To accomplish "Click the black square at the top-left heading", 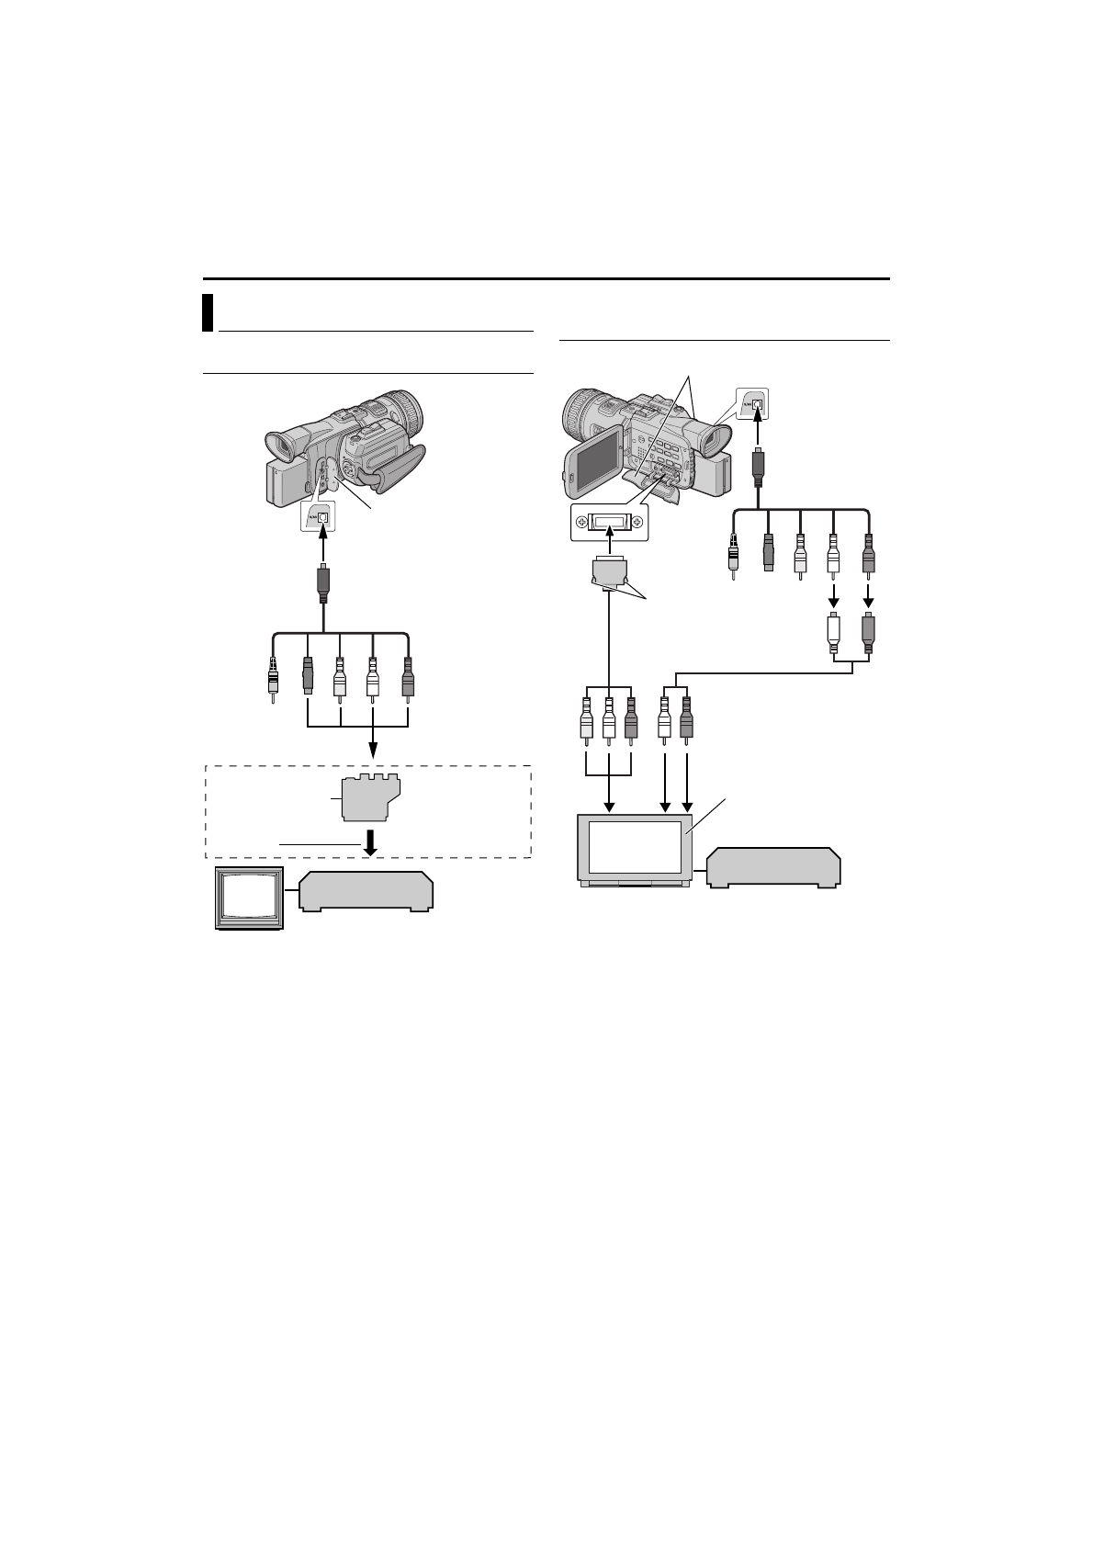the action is pyautogui.click(x=208, y=312).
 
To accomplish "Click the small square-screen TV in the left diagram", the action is pyautogui.click(x=249, y=897).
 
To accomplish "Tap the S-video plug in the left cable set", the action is pyautogui.click(x=309, y=677).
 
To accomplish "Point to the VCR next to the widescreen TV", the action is pyautogui.click(x=774, y=867).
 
